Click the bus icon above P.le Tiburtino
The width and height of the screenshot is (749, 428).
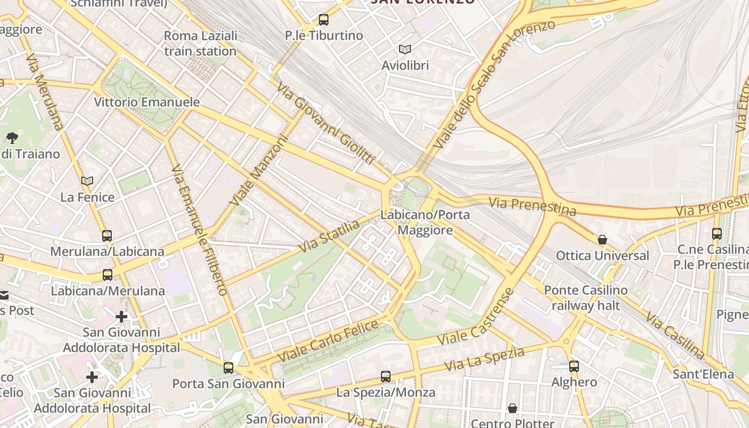pos(323,20)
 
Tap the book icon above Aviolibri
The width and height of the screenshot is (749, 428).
pos(405,50)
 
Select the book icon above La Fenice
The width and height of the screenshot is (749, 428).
pos(87,181)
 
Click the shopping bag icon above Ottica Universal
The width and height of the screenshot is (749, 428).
pos(602,240)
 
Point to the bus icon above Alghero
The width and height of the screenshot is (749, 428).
pos(574,366)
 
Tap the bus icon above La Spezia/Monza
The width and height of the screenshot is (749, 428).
pos(386,377)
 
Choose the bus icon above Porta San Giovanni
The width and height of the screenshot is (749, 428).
pos(228,368)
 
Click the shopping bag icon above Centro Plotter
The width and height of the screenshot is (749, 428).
pos(513,408)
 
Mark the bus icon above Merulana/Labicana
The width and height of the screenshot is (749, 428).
pos(107,235)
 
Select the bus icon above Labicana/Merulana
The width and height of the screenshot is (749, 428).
pos(108,275)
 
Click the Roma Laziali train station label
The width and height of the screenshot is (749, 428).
pos(200,43)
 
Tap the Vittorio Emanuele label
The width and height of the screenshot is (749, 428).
pos(147,102)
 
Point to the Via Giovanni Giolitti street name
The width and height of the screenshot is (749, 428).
pos(325,123)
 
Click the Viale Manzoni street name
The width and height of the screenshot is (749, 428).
pos(259,171)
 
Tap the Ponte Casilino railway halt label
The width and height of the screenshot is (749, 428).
pos(585,298)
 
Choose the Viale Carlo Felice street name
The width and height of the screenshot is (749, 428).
pos(328,340)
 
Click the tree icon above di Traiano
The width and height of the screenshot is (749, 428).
pos(12,138)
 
